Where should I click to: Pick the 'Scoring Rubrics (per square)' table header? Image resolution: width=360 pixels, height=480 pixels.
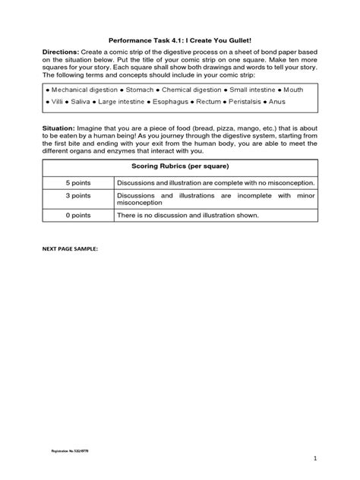coord(180,166)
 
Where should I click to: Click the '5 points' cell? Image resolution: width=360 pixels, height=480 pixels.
coord(78,183)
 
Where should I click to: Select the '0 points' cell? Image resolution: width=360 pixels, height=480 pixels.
coord(78,215)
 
